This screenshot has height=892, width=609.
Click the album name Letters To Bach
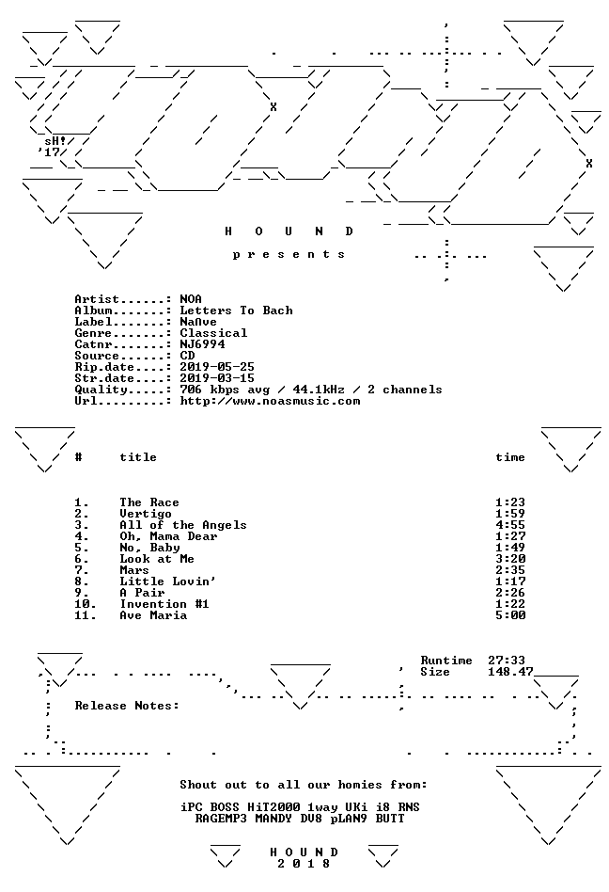pyautogui.click(x=236, y=311)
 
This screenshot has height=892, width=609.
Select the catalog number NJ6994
pyautogui.click(x=202, y=344)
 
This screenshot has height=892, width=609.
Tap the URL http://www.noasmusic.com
pyautogui.click(x=270, y=401)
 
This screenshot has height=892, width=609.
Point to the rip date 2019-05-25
pyautogui.click(x=217, y=367)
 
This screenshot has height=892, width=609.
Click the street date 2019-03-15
pyautogui.click(x=217, y=378)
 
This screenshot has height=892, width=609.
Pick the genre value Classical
pyautogui.click(x=213, y=333)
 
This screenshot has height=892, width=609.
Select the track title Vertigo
pyautogui.click(x=146, y=514)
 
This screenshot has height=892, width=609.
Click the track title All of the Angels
pyautogui.click(x=183, y=525)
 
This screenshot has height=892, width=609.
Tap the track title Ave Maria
pyautogui.click(x=153, y=615)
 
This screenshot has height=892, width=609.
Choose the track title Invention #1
pyautogui.click(x=164, y=604)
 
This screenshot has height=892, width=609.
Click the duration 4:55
pyautogui.click(x=510, y=525)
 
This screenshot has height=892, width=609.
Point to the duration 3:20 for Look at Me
pyautogui.click(x=510, y=559)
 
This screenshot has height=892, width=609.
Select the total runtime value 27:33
pyautogui.click(x=507, y=661)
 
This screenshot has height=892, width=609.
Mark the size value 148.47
pyautogui.click(x=510, y=672)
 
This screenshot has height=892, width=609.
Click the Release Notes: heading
pyautogui.click(x=127, y=706)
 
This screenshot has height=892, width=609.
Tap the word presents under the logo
pyautogui.click(x=289, y=255)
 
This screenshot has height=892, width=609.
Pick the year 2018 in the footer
pyautogui.click(x=304, y=864)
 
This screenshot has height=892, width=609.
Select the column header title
pyautogui.click(x=138, y=457)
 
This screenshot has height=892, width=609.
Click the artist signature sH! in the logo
pyautogui.click(x=55, y=140)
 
